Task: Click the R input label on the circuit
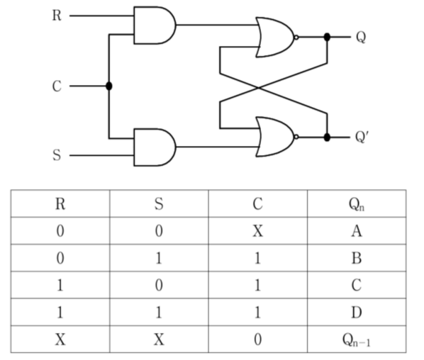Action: [x=57, y=16]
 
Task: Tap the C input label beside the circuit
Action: [x=57, y=86]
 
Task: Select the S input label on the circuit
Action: [x=57, y=155]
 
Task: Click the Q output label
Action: [x=361, y=37]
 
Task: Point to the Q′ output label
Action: [x=362, y=137]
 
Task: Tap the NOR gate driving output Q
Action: [x=275, y=38]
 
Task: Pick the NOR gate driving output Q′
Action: [x=275, y=137]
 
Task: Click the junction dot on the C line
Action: [x=109, y=86]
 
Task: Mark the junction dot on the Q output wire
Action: [x=327, y=37]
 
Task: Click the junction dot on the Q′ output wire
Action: [x=327, y=137]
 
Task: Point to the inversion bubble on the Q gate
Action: [x=296, y=38]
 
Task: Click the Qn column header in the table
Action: [x=357, y=204]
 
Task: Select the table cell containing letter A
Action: [x=357, y=231]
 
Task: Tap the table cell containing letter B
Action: [x=357, y=258]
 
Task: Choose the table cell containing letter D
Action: [x=357, y=312]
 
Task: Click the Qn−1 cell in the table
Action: [x=357, y=339]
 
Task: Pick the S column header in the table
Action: [x=159, y=204]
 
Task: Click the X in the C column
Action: [x=257, y=231]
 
